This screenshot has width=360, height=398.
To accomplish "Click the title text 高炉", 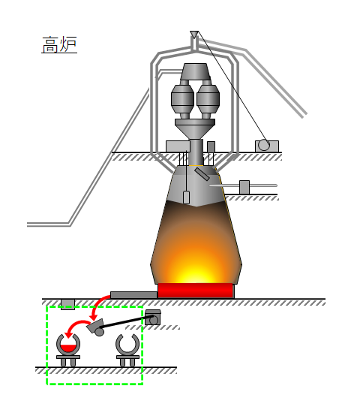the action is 59,44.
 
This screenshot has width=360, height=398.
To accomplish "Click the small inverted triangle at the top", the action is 194,34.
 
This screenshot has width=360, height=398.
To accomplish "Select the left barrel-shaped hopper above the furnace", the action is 182,98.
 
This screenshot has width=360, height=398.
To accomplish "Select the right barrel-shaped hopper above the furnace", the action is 208,98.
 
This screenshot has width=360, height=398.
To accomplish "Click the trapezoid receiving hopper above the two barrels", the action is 195,71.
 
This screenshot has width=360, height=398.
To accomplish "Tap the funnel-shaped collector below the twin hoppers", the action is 195,128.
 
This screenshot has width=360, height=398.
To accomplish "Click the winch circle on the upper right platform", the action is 264,145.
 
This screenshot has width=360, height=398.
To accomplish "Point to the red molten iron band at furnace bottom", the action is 195,290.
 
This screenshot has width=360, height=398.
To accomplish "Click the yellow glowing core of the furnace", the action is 195,273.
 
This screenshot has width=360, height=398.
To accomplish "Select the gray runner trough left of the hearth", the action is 133,295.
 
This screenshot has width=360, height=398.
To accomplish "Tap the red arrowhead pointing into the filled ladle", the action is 67,335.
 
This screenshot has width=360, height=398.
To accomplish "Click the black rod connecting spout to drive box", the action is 126,322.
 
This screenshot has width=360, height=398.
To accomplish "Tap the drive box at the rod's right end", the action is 152,318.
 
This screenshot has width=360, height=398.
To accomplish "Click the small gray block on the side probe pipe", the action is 244,187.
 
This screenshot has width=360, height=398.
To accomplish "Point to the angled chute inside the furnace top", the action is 202,174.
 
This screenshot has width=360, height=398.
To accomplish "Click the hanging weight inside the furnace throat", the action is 186,197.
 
